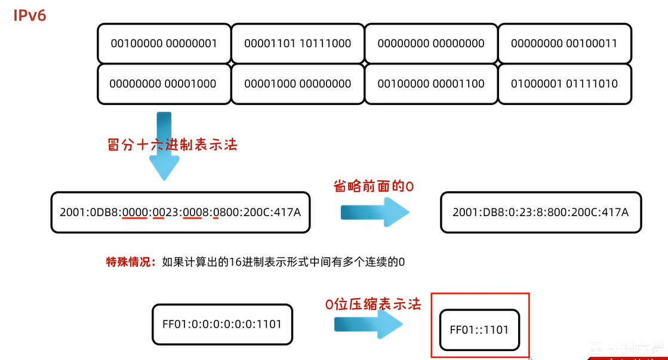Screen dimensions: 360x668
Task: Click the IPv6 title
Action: click(x=30, y=15)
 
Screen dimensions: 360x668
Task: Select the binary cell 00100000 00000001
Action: click(x=164, y=43)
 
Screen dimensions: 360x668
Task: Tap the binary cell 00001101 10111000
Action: click(x=297, y=43)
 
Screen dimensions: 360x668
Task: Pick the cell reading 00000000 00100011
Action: click(x=564, y=43)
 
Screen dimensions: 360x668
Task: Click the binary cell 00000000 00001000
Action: click(x=163, y=84)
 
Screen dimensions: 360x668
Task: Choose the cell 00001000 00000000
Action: click(x=297, y=84)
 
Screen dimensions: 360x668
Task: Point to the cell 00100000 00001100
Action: click(x=431, y=84)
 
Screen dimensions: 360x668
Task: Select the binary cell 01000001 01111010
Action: click(x=564, y=84)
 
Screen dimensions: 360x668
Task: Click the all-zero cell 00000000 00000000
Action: click(x=431, y=43)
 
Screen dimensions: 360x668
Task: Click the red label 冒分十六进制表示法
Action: click(x=172, y=144)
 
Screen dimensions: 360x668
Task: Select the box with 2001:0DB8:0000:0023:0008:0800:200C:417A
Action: click(x=180, y=212)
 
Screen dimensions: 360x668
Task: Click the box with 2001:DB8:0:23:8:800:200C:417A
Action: click(x=541, y=212)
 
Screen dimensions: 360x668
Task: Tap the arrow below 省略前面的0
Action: click(x=374, y=213)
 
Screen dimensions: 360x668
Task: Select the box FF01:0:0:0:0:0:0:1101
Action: click(x=222, y=324)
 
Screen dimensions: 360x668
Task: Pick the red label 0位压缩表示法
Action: click(x=373, y=304)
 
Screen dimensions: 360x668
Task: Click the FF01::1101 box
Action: click(x=479, y=329)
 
